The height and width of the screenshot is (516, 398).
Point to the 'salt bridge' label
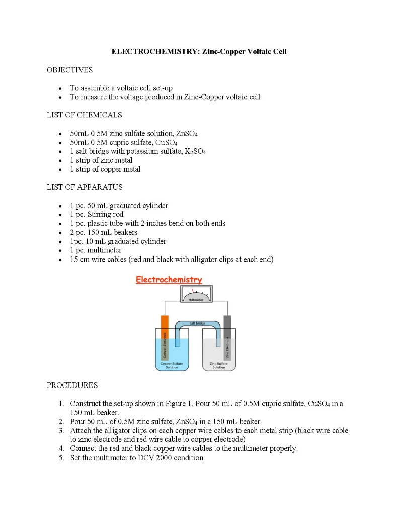coord(197,323)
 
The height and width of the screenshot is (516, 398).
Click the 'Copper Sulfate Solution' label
coord(172,365)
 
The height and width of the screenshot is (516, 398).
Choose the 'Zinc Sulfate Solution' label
coord(219,365)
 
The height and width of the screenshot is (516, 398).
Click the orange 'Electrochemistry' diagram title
coord(169,280)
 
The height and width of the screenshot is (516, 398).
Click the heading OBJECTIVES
coord(69,70)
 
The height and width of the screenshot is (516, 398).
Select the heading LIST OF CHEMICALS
coord(84,115)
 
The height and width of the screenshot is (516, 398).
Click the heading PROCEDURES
coord(72,385)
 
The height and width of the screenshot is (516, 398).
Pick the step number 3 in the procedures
coord(60,431)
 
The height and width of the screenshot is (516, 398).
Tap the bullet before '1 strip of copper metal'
coord(60,170)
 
